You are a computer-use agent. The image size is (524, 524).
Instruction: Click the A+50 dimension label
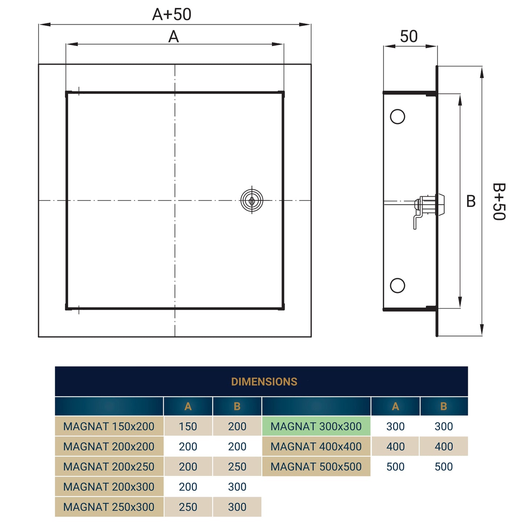172,15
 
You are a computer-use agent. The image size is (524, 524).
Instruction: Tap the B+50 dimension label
499,202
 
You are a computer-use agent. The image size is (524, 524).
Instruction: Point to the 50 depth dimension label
409,36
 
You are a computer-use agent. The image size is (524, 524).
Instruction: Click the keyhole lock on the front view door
252,200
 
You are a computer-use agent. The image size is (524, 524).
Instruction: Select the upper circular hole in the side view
397,117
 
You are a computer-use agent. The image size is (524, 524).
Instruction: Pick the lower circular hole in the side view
397,285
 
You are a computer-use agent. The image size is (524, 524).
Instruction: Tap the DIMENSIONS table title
264,382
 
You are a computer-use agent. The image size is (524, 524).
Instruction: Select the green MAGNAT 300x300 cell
316,426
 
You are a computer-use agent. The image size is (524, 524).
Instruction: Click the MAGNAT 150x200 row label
109,426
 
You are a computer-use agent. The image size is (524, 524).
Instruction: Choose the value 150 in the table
188,426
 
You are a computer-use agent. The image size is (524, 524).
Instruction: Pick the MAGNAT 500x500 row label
316,467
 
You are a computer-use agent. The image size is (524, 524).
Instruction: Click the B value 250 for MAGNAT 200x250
237,467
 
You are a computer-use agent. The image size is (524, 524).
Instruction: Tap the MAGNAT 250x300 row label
109,507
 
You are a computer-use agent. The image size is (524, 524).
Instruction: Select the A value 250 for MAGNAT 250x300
188,507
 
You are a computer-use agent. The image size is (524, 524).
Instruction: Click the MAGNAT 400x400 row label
316,447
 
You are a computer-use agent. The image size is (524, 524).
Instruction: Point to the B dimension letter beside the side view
471,201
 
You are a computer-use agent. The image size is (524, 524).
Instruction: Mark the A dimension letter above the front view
173,37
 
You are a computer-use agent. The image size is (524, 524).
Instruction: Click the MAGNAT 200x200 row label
109,447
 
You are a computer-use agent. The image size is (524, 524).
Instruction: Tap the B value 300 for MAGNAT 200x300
237,487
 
